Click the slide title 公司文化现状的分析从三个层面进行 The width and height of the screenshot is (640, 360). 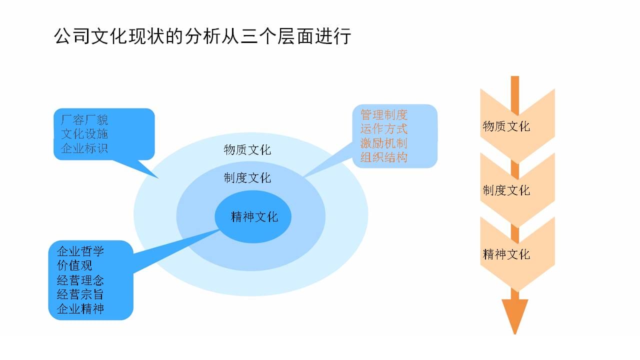[202, 36]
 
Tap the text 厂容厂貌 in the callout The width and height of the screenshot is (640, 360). [84, 120]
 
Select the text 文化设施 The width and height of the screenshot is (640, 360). [84, 134]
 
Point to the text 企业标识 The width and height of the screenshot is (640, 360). [84, 148]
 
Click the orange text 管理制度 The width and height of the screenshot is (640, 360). [383, 115]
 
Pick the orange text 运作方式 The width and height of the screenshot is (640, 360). [383, 129]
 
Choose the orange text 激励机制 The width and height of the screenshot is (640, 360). [383, 143]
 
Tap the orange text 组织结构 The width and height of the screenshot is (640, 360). [383, 157]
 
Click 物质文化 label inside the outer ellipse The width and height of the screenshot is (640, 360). [247, 149]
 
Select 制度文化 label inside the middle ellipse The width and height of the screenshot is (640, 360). [247, 178]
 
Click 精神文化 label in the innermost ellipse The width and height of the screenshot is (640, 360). [254, 217]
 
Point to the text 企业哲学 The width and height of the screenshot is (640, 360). [80, 251]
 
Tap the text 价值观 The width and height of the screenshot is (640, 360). [74, 265]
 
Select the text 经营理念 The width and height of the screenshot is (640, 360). [80, 280]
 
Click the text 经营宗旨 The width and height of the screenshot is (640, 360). [80, 294]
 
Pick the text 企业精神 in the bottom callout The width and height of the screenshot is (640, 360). [80, 308]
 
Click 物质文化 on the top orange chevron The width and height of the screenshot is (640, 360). [506, 126]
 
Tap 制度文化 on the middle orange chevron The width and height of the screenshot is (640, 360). [506, 190]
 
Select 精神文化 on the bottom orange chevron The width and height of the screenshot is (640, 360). [506, 254]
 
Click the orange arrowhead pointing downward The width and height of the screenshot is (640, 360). [515, 314]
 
